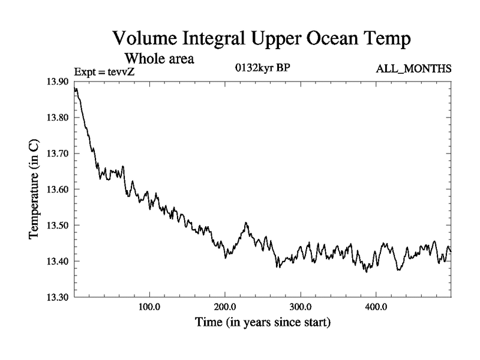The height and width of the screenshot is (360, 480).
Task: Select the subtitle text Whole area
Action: pos(159,59)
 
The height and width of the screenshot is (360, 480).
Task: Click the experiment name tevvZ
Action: pos(124,72)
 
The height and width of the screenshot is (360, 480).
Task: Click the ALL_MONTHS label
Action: pos(413,70)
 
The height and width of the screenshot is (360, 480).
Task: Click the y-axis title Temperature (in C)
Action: pos(35,190)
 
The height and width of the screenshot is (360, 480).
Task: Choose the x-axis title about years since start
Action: pos(262,322)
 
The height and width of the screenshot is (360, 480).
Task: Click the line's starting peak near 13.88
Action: pos(76,89)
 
